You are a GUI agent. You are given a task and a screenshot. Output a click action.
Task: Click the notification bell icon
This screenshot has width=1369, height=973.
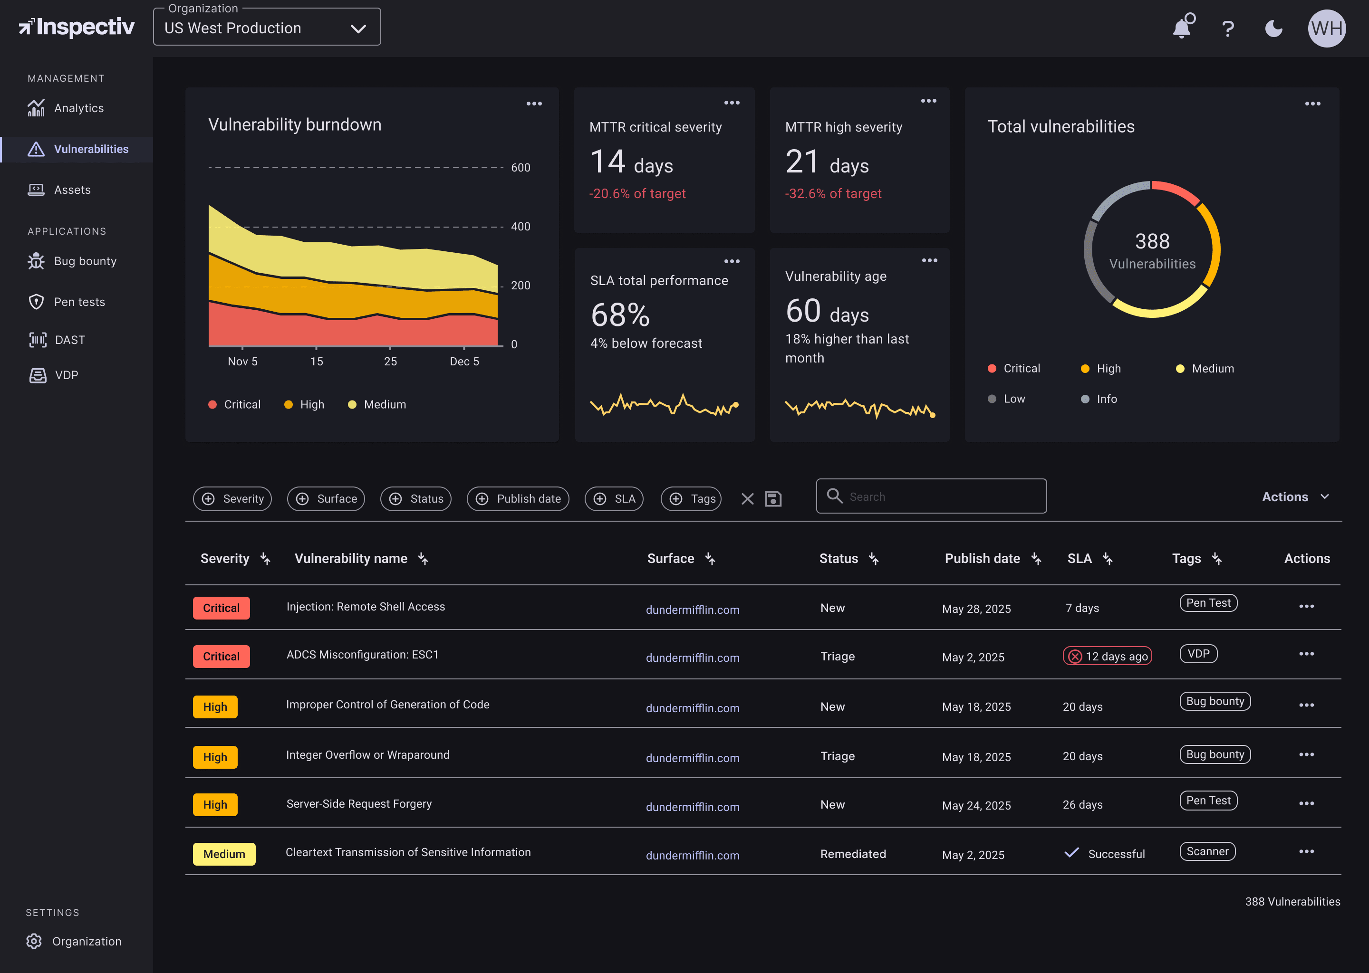point(1181,28)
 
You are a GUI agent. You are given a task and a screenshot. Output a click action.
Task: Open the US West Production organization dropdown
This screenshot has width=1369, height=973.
point(267,28)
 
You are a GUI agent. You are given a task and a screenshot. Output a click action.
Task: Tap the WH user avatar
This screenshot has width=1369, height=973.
point(1326,28)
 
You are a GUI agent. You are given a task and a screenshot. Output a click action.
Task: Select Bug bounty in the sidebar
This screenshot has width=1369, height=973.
point(85,261)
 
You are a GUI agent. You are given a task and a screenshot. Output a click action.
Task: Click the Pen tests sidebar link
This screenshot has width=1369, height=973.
point(79,302)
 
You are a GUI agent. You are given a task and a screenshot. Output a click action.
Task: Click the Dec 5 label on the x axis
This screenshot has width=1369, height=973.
point(464,361)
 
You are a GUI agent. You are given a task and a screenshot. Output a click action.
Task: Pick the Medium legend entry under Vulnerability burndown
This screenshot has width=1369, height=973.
point(384,404)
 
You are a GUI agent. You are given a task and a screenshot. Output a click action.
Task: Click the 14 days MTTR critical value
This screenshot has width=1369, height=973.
point(631,162)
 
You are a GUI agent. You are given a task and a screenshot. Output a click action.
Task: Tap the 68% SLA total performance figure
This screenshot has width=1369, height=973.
point(620,315)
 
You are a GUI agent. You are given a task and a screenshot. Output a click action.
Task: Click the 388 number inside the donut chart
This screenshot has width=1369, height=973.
point(1151,241)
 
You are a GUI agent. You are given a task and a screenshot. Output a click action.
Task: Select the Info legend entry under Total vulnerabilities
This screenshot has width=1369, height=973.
point(1106,399)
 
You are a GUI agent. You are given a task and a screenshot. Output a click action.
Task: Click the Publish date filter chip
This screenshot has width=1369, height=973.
point(518,498)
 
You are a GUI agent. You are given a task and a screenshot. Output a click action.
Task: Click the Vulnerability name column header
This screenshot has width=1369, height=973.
point(351,558)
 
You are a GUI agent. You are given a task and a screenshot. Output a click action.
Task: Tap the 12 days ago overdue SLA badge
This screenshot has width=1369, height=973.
point(1107,656)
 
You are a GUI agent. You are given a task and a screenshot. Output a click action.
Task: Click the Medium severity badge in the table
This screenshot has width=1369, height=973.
point(223,854)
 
